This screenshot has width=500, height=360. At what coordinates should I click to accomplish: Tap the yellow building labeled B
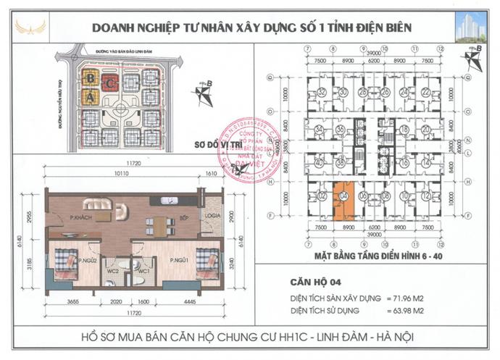click(x=90, y=78)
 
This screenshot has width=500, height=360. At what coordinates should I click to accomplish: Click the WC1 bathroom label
click(x=143, y=271)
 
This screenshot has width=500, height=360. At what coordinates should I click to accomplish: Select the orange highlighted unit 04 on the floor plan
click(x=344, y=203)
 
